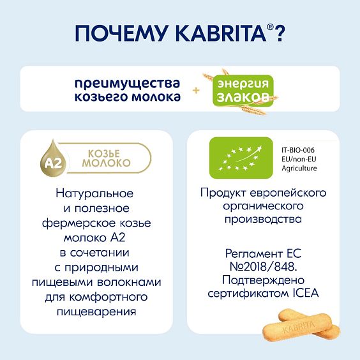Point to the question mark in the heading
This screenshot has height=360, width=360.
278,34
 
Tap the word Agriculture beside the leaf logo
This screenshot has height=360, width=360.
299,168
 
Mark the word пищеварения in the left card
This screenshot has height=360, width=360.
101,312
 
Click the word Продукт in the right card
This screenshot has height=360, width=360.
220,193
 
